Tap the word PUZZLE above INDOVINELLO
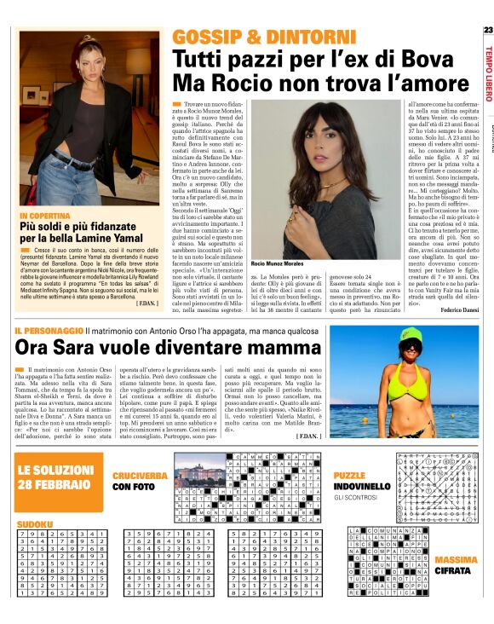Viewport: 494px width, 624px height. click(x=349, y=474)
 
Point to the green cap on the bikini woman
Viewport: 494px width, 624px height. click(x=406, y=343)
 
